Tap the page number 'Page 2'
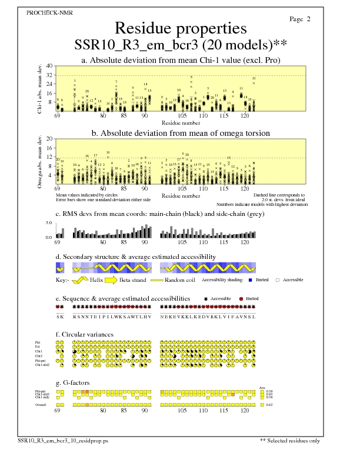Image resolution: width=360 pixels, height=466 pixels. click(x=300, y=19)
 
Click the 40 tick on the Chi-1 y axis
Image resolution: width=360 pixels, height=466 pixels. click(x=49, y=66)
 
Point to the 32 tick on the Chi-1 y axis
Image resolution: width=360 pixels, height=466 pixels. click(x=49, y=75)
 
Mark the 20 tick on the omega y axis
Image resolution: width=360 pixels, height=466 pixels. click(x=49, y=139)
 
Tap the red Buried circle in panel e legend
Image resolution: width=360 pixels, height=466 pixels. click(x=241, y=299)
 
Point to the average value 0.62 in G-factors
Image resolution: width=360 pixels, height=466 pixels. click(x=269, y=405)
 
